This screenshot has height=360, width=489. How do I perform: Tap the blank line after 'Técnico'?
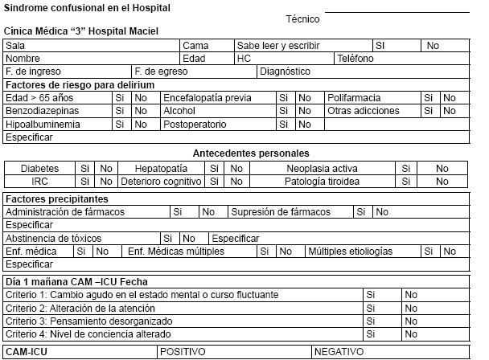[396, 14]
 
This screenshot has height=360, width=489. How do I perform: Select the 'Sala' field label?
[15, 46]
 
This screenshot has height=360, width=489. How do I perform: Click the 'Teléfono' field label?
[355, 59]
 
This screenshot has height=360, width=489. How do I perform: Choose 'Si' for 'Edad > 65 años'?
[120, 98]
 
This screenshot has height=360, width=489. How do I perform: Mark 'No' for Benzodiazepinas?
[141, 111]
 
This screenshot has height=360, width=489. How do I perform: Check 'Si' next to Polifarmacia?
[429, 98]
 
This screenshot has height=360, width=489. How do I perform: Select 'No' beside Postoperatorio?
[305, 125]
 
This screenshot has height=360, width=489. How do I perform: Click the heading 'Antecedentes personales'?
[251, 153]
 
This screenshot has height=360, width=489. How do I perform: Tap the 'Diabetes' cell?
[39, 169]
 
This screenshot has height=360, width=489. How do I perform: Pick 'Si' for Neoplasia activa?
[406, 169]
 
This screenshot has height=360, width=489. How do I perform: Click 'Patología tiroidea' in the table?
[322, 182]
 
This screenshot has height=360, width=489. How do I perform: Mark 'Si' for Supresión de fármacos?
[361, 212]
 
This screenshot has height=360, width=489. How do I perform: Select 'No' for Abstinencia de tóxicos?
[189, 239]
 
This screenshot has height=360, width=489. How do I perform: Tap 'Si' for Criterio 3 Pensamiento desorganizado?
[371, 321]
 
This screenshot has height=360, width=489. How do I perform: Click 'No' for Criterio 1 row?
[411, 295]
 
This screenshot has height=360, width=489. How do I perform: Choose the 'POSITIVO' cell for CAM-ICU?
[183, 352]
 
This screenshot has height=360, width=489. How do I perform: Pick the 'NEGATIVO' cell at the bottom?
[339, 352]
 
